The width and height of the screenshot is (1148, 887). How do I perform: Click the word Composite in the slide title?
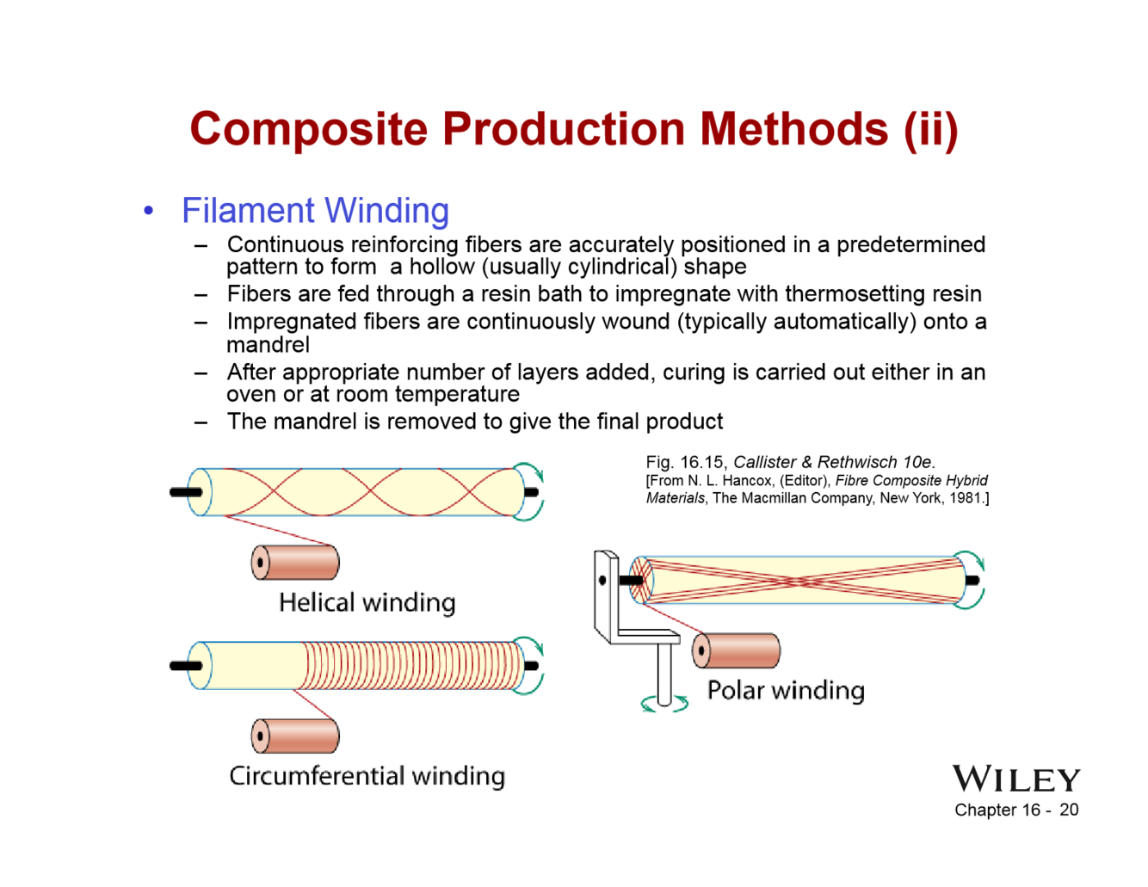(x=308, y=130)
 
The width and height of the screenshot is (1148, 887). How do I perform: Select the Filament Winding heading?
(x=315, y=211)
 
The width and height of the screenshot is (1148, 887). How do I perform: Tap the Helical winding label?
(x=367, y=602)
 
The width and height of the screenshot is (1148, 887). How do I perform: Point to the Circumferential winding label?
(x=367, y=776)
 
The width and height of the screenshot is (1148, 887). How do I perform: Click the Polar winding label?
(x=786, y=691)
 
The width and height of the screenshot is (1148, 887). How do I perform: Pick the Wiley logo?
(x=1015, y=779)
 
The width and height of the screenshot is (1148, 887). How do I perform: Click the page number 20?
(x=1069, y=810)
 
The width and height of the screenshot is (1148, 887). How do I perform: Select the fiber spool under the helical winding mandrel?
(x=295, y=563)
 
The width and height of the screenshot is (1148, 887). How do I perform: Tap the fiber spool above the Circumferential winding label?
(x=295, y=736)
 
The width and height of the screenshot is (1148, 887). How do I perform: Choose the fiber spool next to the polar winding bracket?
(x=736, y=650)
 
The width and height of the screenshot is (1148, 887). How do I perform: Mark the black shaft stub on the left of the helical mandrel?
(x=185, y=492)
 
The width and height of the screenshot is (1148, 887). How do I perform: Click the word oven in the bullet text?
(x=249, y=394)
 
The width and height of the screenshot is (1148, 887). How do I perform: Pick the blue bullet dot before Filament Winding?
(x=150, y=211)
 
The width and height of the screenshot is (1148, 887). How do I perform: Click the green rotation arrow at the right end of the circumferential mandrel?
(x=532, y=665)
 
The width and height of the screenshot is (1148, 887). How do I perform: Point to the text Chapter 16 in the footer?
(x=997, y=810)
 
